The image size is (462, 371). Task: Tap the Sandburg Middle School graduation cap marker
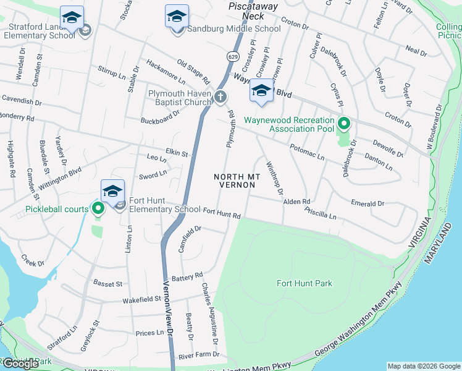tap(177, 17)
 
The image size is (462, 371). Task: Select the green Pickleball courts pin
tap(98, 209)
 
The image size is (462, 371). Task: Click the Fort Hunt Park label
tap(304, 284)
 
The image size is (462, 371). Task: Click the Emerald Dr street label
tap(367, 203)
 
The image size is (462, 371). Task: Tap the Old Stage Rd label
tap(193, 72)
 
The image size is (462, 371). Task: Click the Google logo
tap(20, 364)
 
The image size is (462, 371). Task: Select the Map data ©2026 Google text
tap(424, 366)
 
